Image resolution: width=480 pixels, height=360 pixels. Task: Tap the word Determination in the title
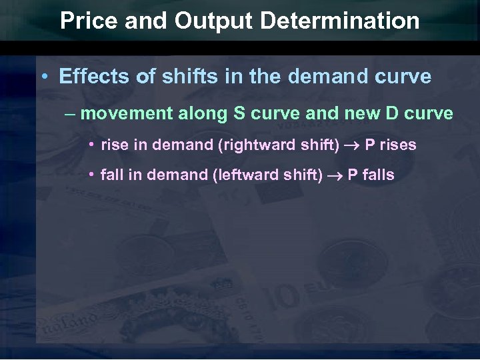click(x=341, y=21)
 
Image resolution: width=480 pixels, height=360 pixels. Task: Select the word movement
click(x=126, y=113)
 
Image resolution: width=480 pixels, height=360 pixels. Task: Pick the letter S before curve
click(x=239, y=113)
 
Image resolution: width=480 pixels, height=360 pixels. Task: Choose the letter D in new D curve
click(x=391, y=113)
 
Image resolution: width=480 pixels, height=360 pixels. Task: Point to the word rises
click(x=398, y=145)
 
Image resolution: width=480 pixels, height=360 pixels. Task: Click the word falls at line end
click(x=379, y=175)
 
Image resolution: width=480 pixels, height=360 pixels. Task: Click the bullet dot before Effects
click(x=43, y=77)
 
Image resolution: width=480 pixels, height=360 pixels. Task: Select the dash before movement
click(x=71, y=114)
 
